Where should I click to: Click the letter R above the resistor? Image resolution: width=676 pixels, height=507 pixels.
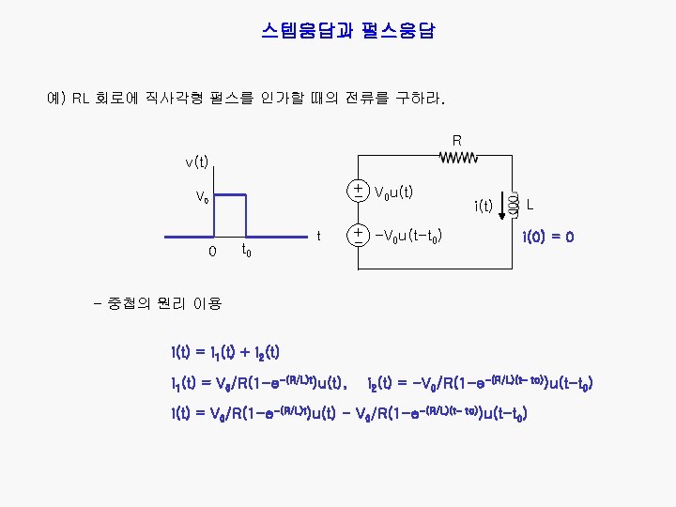[x=457, y=141]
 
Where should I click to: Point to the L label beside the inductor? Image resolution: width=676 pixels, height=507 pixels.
[x=530, y=204]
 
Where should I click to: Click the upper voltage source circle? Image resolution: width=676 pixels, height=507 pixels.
[x=359, y=191]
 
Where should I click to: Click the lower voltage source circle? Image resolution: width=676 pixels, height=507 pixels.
[x=359, y=234]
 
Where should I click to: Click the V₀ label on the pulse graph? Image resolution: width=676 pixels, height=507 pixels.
[x=202, y=198]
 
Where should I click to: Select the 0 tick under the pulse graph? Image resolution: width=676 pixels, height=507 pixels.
[x=212, y=252]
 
